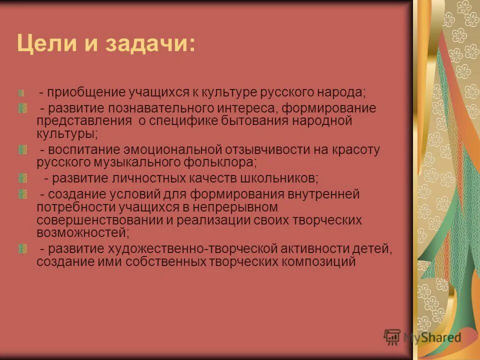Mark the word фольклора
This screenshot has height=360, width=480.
[x=220, y=162]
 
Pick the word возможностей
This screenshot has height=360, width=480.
[x=82, y=232]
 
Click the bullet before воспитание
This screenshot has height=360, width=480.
[x=22, y=149]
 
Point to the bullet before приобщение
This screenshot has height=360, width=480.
[x=22, y=93]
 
